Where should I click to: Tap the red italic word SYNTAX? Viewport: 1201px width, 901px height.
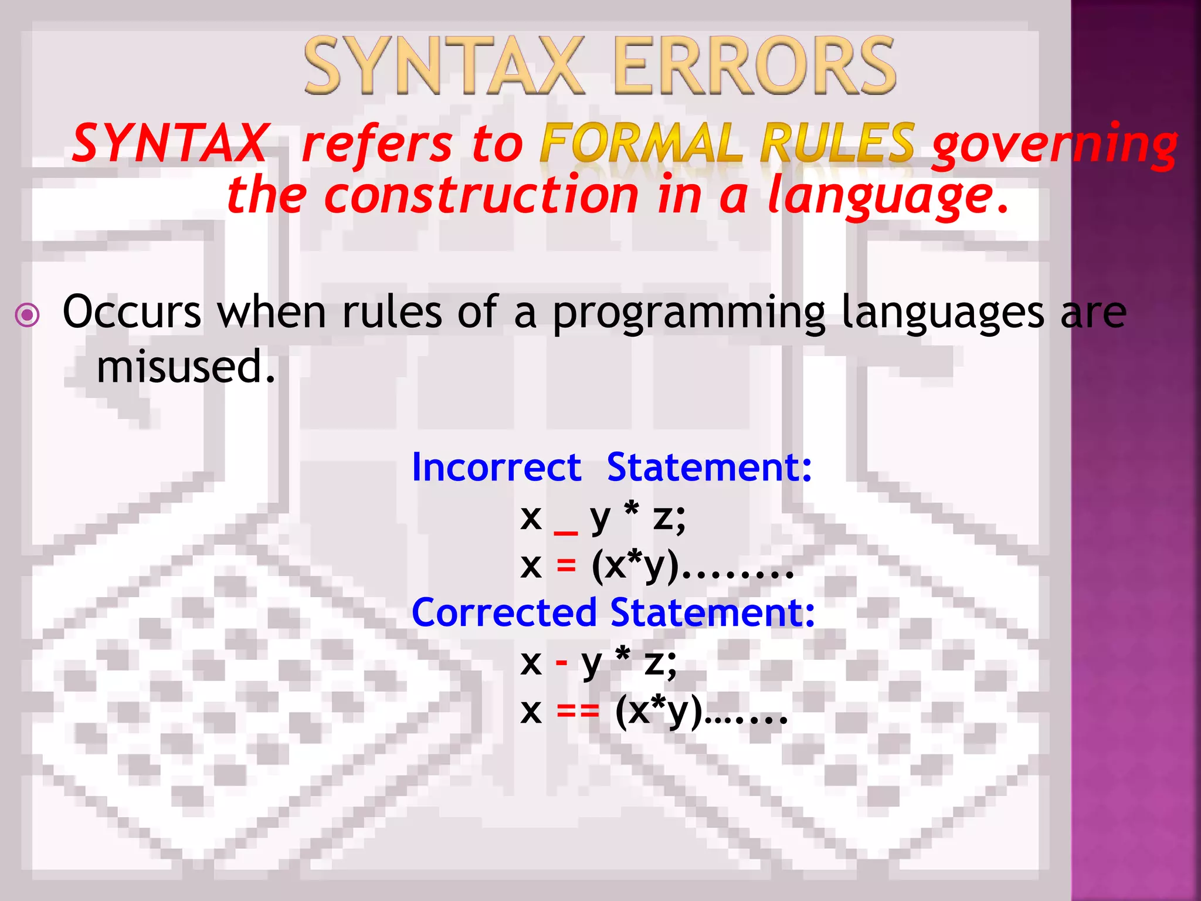170,143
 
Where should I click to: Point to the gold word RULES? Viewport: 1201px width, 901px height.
837,143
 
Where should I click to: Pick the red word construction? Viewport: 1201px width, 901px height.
481,196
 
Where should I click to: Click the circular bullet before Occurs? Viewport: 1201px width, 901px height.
28,315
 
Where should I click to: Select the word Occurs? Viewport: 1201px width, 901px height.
132,312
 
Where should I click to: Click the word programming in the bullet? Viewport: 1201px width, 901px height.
689,314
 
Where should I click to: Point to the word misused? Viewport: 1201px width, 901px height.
185,367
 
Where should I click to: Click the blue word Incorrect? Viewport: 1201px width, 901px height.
496,468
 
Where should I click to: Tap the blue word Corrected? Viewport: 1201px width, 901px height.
504,613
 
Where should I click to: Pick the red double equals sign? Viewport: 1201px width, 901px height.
578,712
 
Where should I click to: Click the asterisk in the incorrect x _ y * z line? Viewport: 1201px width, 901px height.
632,510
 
